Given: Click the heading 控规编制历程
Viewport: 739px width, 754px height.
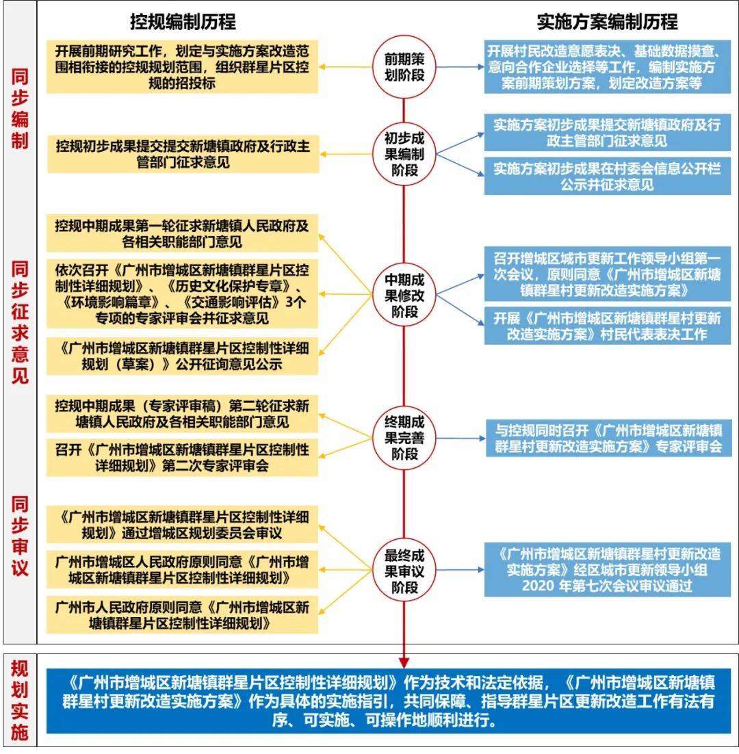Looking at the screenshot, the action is [x=183, y=22].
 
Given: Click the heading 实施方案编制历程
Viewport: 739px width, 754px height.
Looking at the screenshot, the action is [x=607, y=22].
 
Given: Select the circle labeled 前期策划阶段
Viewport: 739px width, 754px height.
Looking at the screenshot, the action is [x=404, y=67].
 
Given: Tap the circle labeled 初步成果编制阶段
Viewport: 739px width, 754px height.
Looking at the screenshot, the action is [x=404, y=154].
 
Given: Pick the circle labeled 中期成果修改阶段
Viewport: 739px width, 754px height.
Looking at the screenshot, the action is [x=404, y=294].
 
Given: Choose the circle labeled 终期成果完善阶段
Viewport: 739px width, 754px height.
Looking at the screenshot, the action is [x=404, y=438].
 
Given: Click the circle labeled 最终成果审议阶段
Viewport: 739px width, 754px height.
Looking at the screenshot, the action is [x=404, y=571].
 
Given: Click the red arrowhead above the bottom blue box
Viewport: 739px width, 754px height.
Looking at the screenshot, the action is [x=404, y=662].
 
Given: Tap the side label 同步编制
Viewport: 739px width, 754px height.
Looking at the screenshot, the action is [x=20, y=109].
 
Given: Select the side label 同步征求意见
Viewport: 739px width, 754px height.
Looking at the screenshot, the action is [x=20, y=322].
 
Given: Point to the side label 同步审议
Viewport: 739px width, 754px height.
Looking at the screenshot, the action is [x=20, y=536].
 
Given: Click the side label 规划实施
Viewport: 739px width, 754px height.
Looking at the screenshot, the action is [x=20, y=700].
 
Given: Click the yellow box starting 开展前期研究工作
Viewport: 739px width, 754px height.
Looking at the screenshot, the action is [x=182, y=67].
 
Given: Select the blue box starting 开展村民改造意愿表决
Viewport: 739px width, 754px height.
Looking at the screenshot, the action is [x=607, y=67].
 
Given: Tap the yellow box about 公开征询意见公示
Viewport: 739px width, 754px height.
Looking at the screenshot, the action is [x=182, y=356].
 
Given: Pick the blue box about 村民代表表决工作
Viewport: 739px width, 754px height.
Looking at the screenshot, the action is [x=607, y=326].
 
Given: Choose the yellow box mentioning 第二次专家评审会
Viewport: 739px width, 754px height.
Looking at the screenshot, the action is [x=182, y=457].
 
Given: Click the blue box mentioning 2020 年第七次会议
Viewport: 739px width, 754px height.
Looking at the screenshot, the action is [x=607, y=570].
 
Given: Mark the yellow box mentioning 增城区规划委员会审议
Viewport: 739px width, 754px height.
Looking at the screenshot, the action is [x=182, y=525].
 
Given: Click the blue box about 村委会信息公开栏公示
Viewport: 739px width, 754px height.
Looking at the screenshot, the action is [x=607, y=176].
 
